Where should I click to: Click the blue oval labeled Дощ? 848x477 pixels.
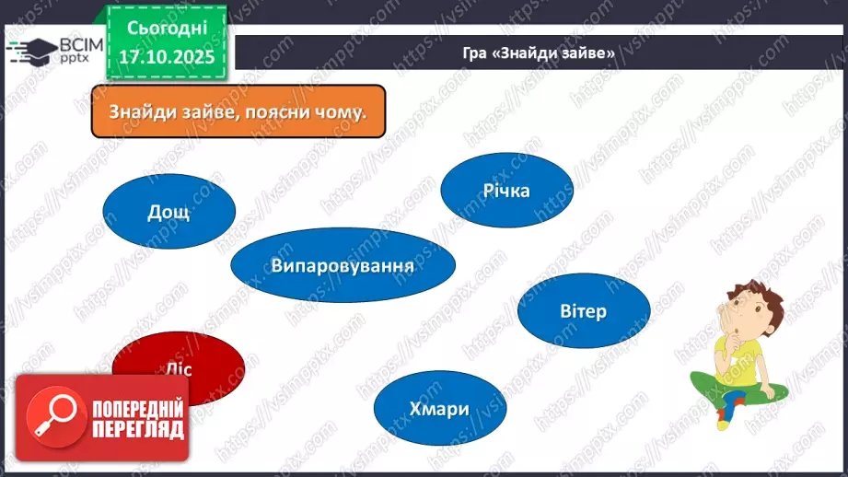tap(168, 212)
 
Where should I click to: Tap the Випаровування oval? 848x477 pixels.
tap(343, 265)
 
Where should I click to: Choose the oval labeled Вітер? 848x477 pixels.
tap(583, 311)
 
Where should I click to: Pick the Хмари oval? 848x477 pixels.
tap(440, 410)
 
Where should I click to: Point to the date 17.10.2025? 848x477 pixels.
tap(166, 57)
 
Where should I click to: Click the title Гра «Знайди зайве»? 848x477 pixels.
tap(539, 52)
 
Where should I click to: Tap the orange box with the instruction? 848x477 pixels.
tap(238, 112)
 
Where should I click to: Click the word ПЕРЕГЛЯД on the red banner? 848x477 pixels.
tap(137, 429)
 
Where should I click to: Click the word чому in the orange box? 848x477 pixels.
tap(337, 112)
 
